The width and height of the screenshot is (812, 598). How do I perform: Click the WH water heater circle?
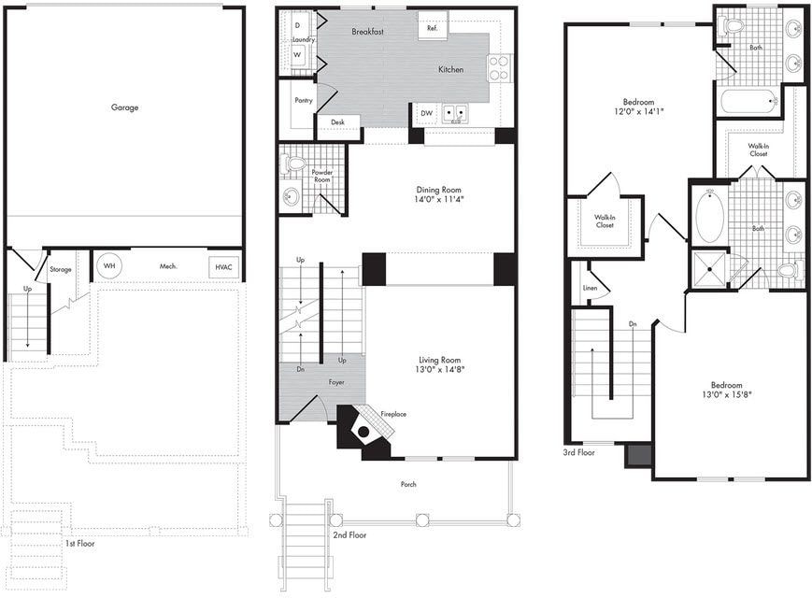109,265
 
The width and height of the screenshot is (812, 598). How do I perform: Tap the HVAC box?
222,266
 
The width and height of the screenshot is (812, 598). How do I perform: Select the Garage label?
124,107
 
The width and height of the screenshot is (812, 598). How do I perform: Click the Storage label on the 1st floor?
60,269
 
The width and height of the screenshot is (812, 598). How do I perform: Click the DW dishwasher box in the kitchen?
426,113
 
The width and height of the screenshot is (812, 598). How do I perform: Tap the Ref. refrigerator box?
432,28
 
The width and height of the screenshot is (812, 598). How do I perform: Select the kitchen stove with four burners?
499,67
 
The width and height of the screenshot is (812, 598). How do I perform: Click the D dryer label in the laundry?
297,25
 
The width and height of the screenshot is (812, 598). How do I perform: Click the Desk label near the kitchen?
336,122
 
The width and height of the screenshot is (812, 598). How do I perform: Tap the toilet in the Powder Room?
295,164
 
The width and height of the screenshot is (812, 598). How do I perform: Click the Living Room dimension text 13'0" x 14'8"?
439,370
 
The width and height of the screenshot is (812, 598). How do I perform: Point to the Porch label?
408,484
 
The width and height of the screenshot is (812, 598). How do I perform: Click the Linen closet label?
590,289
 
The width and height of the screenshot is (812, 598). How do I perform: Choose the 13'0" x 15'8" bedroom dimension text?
725,394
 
